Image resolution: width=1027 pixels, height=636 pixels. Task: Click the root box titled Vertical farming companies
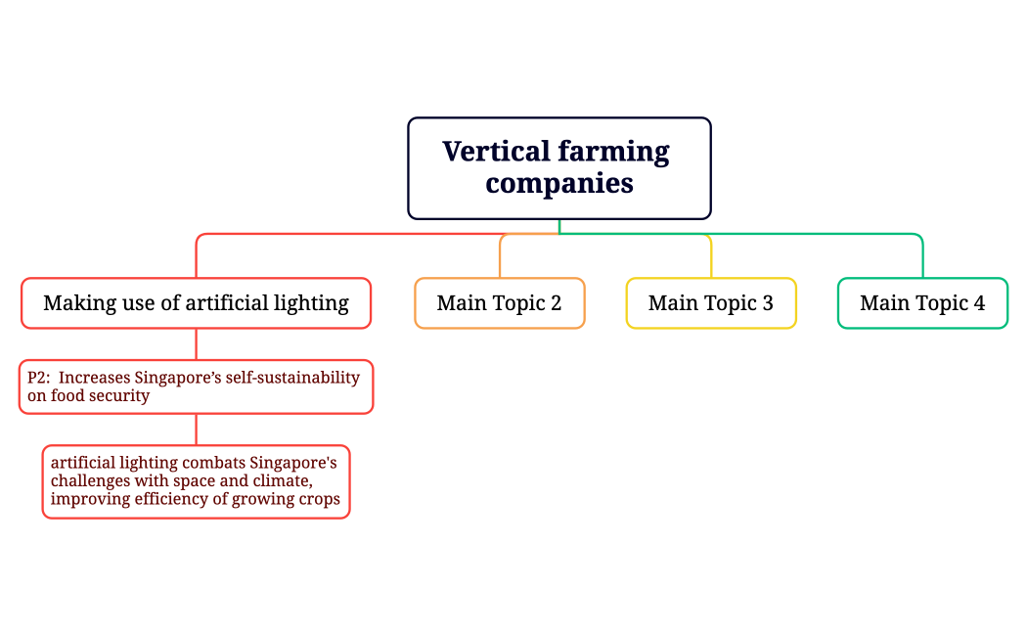coord(558,167)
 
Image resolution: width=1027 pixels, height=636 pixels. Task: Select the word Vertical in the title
coord(496,152)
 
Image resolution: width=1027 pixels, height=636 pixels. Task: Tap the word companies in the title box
coord(558,183)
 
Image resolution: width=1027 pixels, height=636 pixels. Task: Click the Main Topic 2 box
coord(499,303)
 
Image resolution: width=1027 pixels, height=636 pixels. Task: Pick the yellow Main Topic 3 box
coord(710,303)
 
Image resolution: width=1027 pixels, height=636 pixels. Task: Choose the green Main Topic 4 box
coord(921,303)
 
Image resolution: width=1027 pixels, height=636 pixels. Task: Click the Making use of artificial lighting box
coord(196,303)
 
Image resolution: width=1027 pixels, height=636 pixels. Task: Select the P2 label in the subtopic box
coord(37,378)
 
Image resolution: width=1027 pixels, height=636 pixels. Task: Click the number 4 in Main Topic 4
coord(978,303)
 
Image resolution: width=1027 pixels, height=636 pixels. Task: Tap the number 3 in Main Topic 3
coord(767,303)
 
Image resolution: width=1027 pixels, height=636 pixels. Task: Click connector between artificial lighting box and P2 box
coord(196,343)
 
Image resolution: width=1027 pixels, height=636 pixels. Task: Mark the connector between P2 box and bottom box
coord(196,430)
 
